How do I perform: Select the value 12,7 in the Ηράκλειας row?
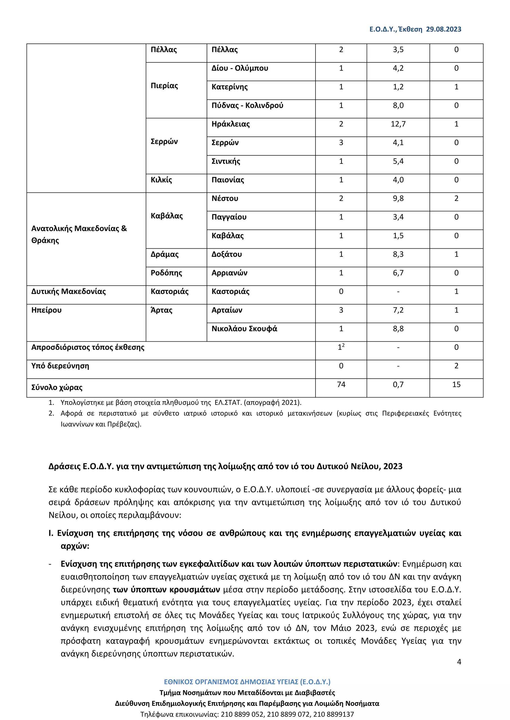tap(398, 124)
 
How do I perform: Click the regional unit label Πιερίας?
tap(164, 86)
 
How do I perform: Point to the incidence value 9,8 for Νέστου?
tap(398, 198)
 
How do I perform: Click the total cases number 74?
tap(341, 384)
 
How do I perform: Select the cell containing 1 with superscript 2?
tap(341, 347)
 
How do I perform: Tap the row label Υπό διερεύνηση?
tap(60, 366)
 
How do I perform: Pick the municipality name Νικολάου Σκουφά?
tap(244, 329)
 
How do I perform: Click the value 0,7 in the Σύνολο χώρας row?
tap(398, 384)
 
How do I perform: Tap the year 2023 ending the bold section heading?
tap(392, 466)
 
